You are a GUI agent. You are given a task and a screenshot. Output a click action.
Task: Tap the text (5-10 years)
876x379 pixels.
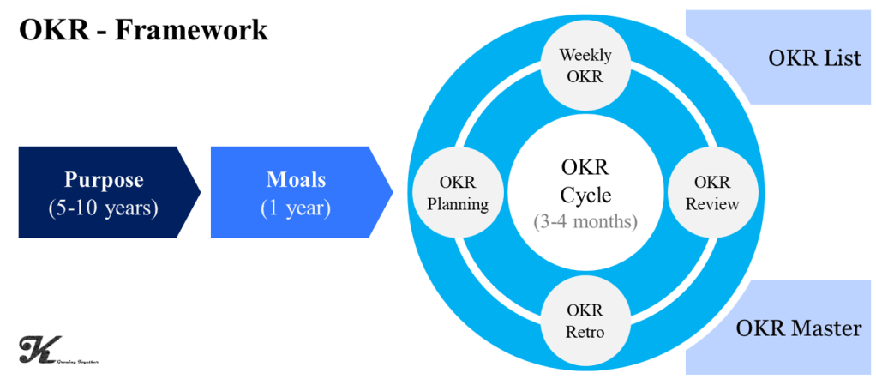click(x=105, y=208)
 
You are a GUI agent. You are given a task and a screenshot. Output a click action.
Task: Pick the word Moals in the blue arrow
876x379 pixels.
click(x=297, y=181)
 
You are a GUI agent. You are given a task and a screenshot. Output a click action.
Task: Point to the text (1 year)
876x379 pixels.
click(x=296, y=208)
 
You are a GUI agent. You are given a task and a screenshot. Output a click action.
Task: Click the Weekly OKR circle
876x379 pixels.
click(x=585, y=66)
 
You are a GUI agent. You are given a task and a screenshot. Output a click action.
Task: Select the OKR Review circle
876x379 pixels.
click(x=712, y=193)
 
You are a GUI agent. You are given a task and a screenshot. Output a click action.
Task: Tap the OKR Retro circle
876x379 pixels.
click(x=585, y=320)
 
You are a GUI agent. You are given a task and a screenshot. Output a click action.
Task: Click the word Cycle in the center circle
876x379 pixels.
click(x=585, y=195)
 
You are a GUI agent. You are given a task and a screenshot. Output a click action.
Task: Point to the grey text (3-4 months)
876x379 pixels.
click(x=585, y=221)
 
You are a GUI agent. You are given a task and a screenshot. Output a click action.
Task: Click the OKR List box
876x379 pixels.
click(x=781, y=57)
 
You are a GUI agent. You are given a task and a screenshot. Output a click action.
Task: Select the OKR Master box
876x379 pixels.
click(x=781, y=328)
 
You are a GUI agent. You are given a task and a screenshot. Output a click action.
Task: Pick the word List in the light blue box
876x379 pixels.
click(x=841, y=59)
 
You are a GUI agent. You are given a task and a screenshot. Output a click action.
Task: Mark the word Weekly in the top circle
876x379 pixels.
click(x=585, y=56)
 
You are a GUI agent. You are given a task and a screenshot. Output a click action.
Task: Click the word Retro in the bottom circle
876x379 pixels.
click(x=585, y=332)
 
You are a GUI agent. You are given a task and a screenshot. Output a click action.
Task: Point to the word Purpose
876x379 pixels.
click(x=104, y=181)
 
